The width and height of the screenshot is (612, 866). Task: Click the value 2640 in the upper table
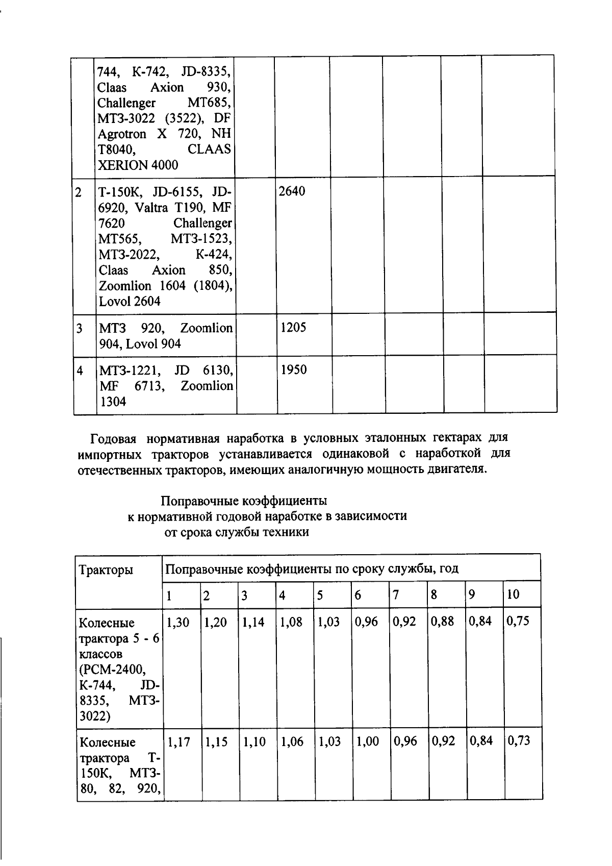[x=292, y=192]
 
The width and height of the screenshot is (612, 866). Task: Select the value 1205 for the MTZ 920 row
[x=293, y=328]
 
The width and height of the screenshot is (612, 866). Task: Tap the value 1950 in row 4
[x=293, y=370]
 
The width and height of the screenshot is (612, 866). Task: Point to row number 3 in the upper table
[x=80, y=328]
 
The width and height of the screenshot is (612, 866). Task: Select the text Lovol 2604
[x=130, y=302]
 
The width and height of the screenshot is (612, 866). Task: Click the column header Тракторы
[x=106, y=570]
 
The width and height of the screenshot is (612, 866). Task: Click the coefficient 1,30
[x=177, y=622]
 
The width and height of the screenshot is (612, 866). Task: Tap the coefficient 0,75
[x=518, y=621]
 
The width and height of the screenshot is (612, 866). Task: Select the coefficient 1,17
[x=178, y=741]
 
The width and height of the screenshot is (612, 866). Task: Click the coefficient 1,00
[x=367, y=741]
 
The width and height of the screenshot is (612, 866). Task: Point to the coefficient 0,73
[x=518, y=741]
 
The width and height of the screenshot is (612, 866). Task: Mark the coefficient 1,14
[x=253, y=622]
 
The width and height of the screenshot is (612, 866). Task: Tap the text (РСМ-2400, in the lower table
[x=112, y=670]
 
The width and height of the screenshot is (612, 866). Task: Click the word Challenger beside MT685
[x=126, y=103]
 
